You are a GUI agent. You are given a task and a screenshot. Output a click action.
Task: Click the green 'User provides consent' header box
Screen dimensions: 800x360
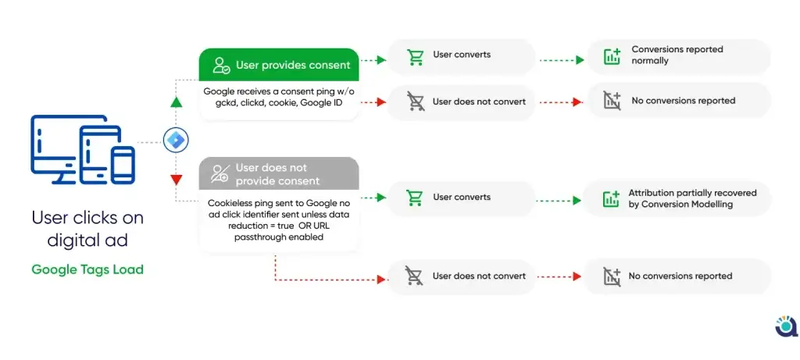click(x=279, y=65)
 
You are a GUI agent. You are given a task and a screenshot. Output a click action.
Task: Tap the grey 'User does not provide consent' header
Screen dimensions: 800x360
click(x=279, y=174)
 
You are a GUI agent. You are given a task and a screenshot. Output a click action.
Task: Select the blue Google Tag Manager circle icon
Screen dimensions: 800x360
click(x=176, y=140)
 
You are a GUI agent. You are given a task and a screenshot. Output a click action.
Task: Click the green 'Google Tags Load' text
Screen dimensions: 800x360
click(x=87, y=269)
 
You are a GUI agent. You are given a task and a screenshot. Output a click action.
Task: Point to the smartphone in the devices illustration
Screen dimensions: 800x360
click(x=123, y=164)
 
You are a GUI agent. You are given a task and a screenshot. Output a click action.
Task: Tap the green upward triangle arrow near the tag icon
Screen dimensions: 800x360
click(x=176, y=102)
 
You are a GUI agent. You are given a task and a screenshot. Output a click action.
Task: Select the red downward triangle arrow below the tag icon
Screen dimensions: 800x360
click(x=176, y=180)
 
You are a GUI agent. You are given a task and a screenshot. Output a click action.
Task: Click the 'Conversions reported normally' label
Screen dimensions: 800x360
click(x=677, y=55)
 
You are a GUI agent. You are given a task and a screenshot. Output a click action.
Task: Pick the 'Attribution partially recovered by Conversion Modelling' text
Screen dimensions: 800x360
click(x=692, y=199)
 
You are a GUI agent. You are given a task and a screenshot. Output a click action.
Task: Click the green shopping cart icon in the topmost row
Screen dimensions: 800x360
click(x=415, y=57)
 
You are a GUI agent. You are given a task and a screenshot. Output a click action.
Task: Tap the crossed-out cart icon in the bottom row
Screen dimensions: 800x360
click(x=414, y=276)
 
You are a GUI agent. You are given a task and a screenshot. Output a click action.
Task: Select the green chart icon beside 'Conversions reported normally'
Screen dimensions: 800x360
click(x=612, y=56)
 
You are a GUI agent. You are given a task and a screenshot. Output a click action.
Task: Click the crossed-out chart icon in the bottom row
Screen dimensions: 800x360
click(x=612, y=276)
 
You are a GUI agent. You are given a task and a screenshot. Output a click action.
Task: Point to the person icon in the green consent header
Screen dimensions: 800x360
click(x=221, y=66)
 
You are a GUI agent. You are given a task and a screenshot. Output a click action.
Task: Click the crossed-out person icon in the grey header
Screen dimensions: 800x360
click(x=220, y=173)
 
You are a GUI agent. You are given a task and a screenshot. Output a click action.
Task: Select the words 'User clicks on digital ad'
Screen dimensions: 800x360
click(x=87, y=229)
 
